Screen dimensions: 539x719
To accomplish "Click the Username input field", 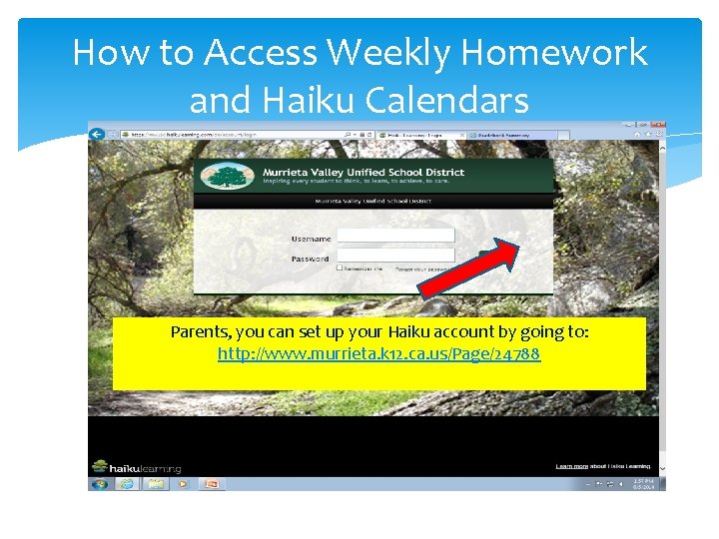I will (395, 236).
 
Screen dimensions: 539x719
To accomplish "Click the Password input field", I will (395, 256).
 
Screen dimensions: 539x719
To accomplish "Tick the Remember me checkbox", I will (340, 269).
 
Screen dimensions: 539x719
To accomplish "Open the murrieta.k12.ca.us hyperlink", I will (378, 353).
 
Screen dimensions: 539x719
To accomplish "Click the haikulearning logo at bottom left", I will (136, 466).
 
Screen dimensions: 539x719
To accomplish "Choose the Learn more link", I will (572, 466).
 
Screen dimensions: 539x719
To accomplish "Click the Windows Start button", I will (99, 484).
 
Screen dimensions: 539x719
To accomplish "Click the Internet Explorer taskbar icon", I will (127, 484).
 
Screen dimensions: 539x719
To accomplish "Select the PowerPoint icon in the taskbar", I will (212, 484).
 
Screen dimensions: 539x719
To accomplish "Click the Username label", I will (311, 240).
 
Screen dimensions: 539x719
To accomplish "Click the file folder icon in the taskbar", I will (155, 484).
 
